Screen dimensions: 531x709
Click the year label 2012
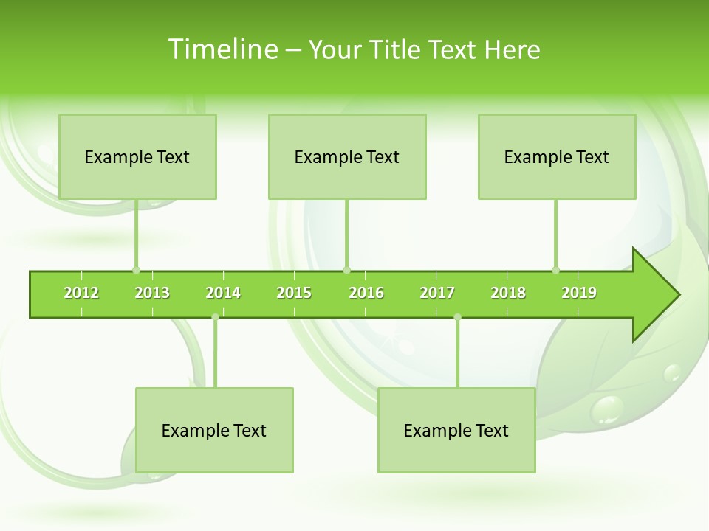[81, 293]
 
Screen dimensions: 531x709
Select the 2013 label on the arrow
[152, 293]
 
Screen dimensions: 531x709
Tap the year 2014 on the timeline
[223, 293]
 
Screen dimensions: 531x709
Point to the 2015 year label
[294, 293]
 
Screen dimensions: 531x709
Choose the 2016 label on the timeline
[366, 293]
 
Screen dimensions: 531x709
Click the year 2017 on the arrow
[437, 293]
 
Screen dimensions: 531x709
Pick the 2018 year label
[508, 293]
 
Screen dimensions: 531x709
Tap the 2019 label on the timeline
[579, 293]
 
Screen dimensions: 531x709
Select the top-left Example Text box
[137, 156]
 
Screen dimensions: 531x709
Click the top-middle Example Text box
[347, 156]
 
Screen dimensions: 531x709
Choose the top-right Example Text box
[557, 156]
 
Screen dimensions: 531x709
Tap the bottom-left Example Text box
[214, 430]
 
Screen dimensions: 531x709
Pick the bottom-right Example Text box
[456, 430]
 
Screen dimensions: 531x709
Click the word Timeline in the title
[222, 49]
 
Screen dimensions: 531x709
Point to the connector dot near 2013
[136, 270]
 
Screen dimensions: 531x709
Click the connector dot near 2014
[215, 317]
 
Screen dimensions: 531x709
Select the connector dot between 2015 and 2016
[346, 270]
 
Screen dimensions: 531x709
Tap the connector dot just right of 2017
[457, 317]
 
